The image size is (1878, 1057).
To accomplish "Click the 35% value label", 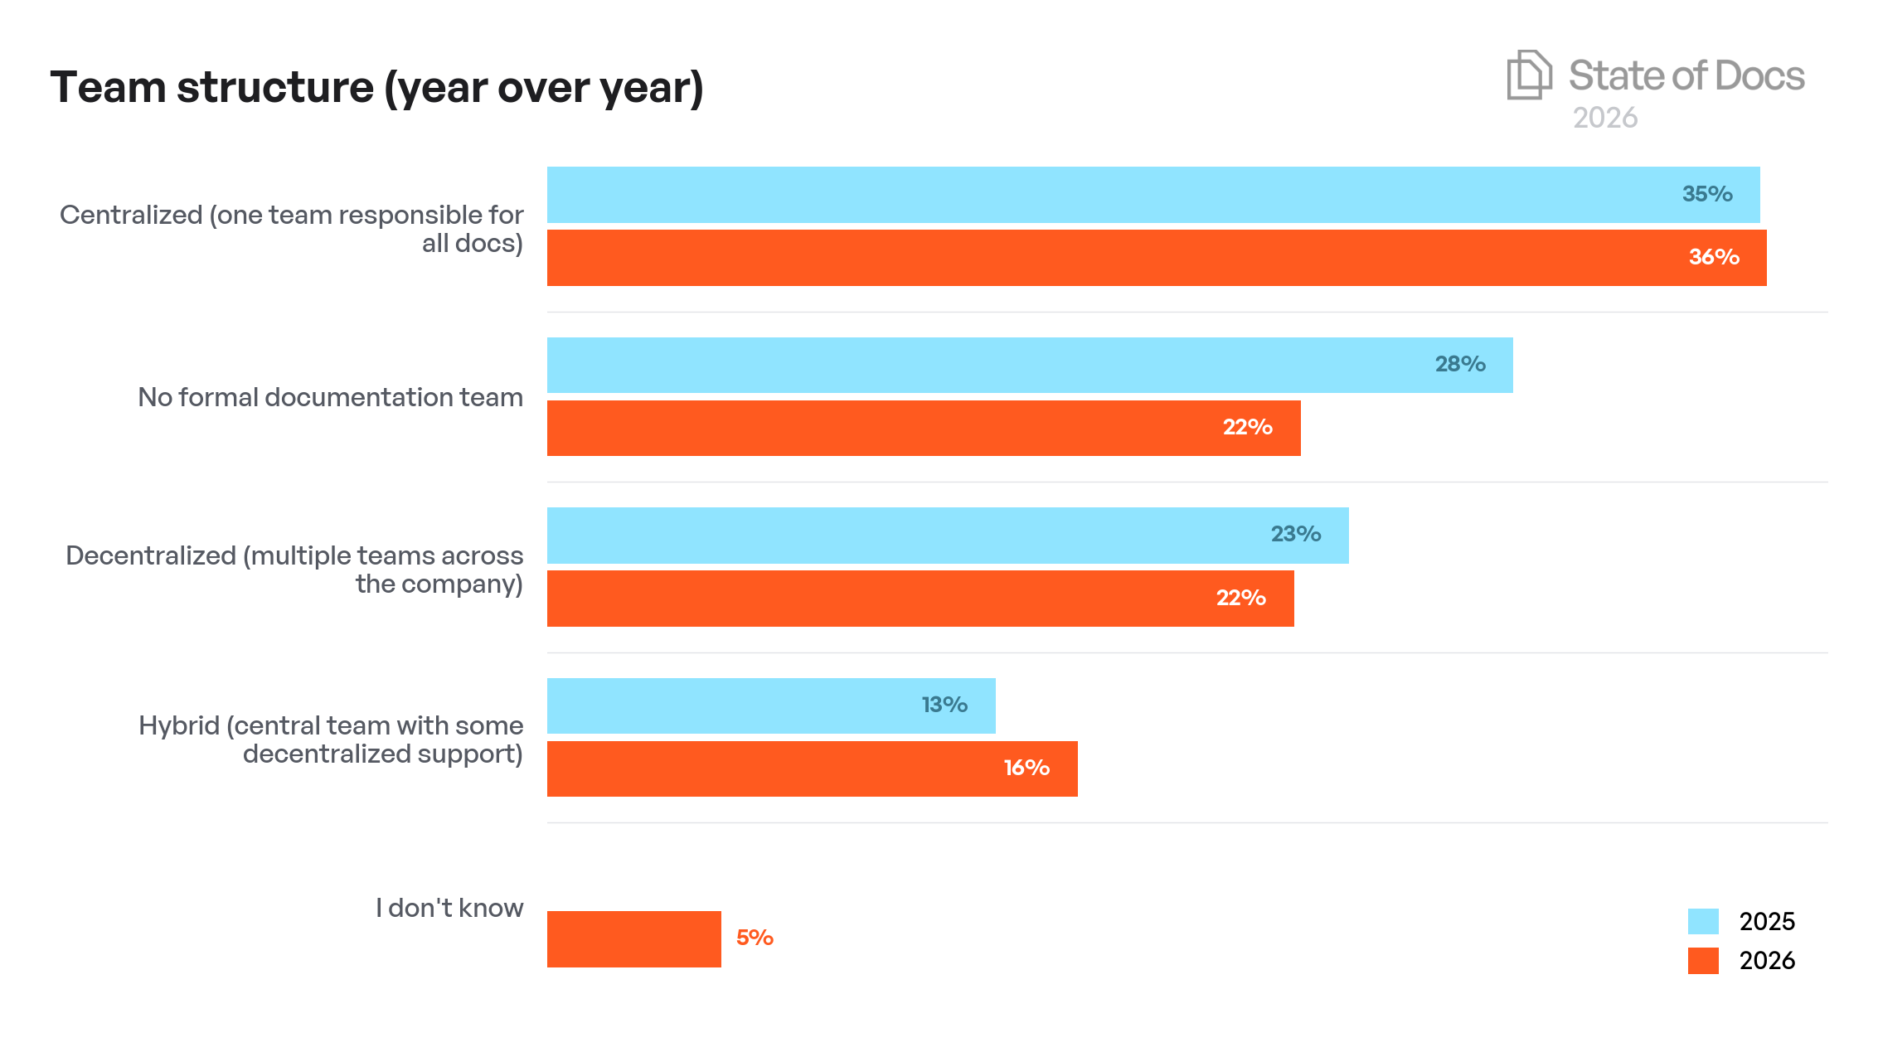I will (1706, 194).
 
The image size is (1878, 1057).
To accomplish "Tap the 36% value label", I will (1713, 257).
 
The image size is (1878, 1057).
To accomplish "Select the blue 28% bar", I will (1028, 365).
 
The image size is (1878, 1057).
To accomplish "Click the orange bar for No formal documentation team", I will (920, 428).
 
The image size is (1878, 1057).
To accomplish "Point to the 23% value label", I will (1295, 534).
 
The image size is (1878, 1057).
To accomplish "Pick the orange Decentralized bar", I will (920, 599).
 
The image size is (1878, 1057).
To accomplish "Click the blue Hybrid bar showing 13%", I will (771, 705).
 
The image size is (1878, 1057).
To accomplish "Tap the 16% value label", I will (1026, 768).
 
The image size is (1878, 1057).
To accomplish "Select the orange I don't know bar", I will (633, 938).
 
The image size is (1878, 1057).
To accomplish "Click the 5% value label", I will (755, 938).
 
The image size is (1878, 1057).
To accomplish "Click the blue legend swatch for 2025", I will (1702, 921).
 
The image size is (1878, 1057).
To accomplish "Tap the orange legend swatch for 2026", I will (1702, 960).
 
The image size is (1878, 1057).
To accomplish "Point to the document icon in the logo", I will (1528, 75).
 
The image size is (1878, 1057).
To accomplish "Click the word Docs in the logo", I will (1759, 76).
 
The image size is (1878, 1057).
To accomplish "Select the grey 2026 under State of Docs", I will (1604, 118).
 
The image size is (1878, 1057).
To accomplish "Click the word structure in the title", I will (274, 87).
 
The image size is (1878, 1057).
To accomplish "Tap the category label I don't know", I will (449, 908).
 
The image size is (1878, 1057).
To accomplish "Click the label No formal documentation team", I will (330, 397).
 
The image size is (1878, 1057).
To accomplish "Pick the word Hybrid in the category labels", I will (178, 725).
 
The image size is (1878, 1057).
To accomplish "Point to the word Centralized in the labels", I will (131, 215).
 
